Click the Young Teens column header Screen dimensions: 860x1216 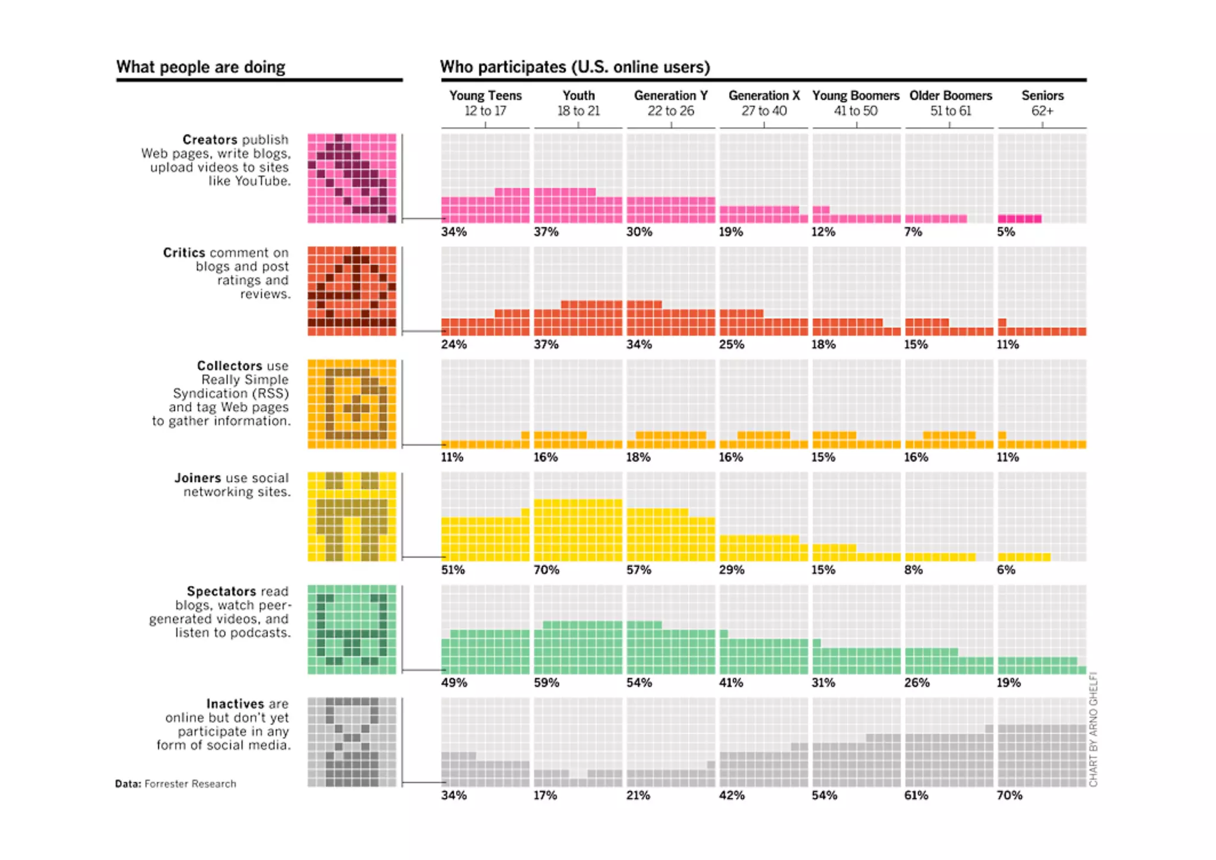[x=485, y=103]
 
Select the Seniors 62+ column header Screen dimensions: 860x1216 [x=1042, y=103]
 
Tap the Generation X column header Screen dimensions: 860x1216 [x=764, y=103]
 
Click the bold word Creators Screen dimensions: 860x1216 [x=210, y=140]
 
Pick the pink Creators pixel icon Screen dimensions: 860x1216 [x=351, y=178]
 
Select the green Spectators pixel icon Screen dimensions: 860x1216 [x=351, y=629]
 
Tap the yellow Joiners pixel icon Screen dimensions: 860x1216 [x=351, y=516]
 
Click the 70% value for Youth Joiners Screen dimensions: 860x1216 [x=546, y=570]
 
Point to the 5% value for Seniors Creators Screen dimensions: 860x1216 [x=1006, y=232]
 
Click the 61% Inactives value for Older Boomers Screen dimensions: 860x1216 [x=916, y=795]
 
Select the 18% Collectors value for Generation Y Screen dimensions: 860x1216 [x=638, y=457]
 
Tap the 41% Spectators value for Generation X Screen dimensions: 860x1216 [x=731, y=683]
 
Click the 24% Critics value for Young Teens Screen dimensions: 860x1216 [x=454, y=345]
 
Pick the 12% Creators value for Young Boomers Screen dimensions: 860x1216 [x=824, y=232]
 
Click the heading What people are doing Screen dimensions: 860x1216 [x=201, y=67]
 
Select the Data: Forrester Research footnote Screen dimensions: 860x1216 [x=176, y=784]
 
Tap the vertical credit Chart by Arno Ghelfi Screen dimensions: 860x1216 [x=1093, y=729]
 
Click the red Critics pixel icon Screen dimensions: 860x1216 [x=351, y=291]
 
